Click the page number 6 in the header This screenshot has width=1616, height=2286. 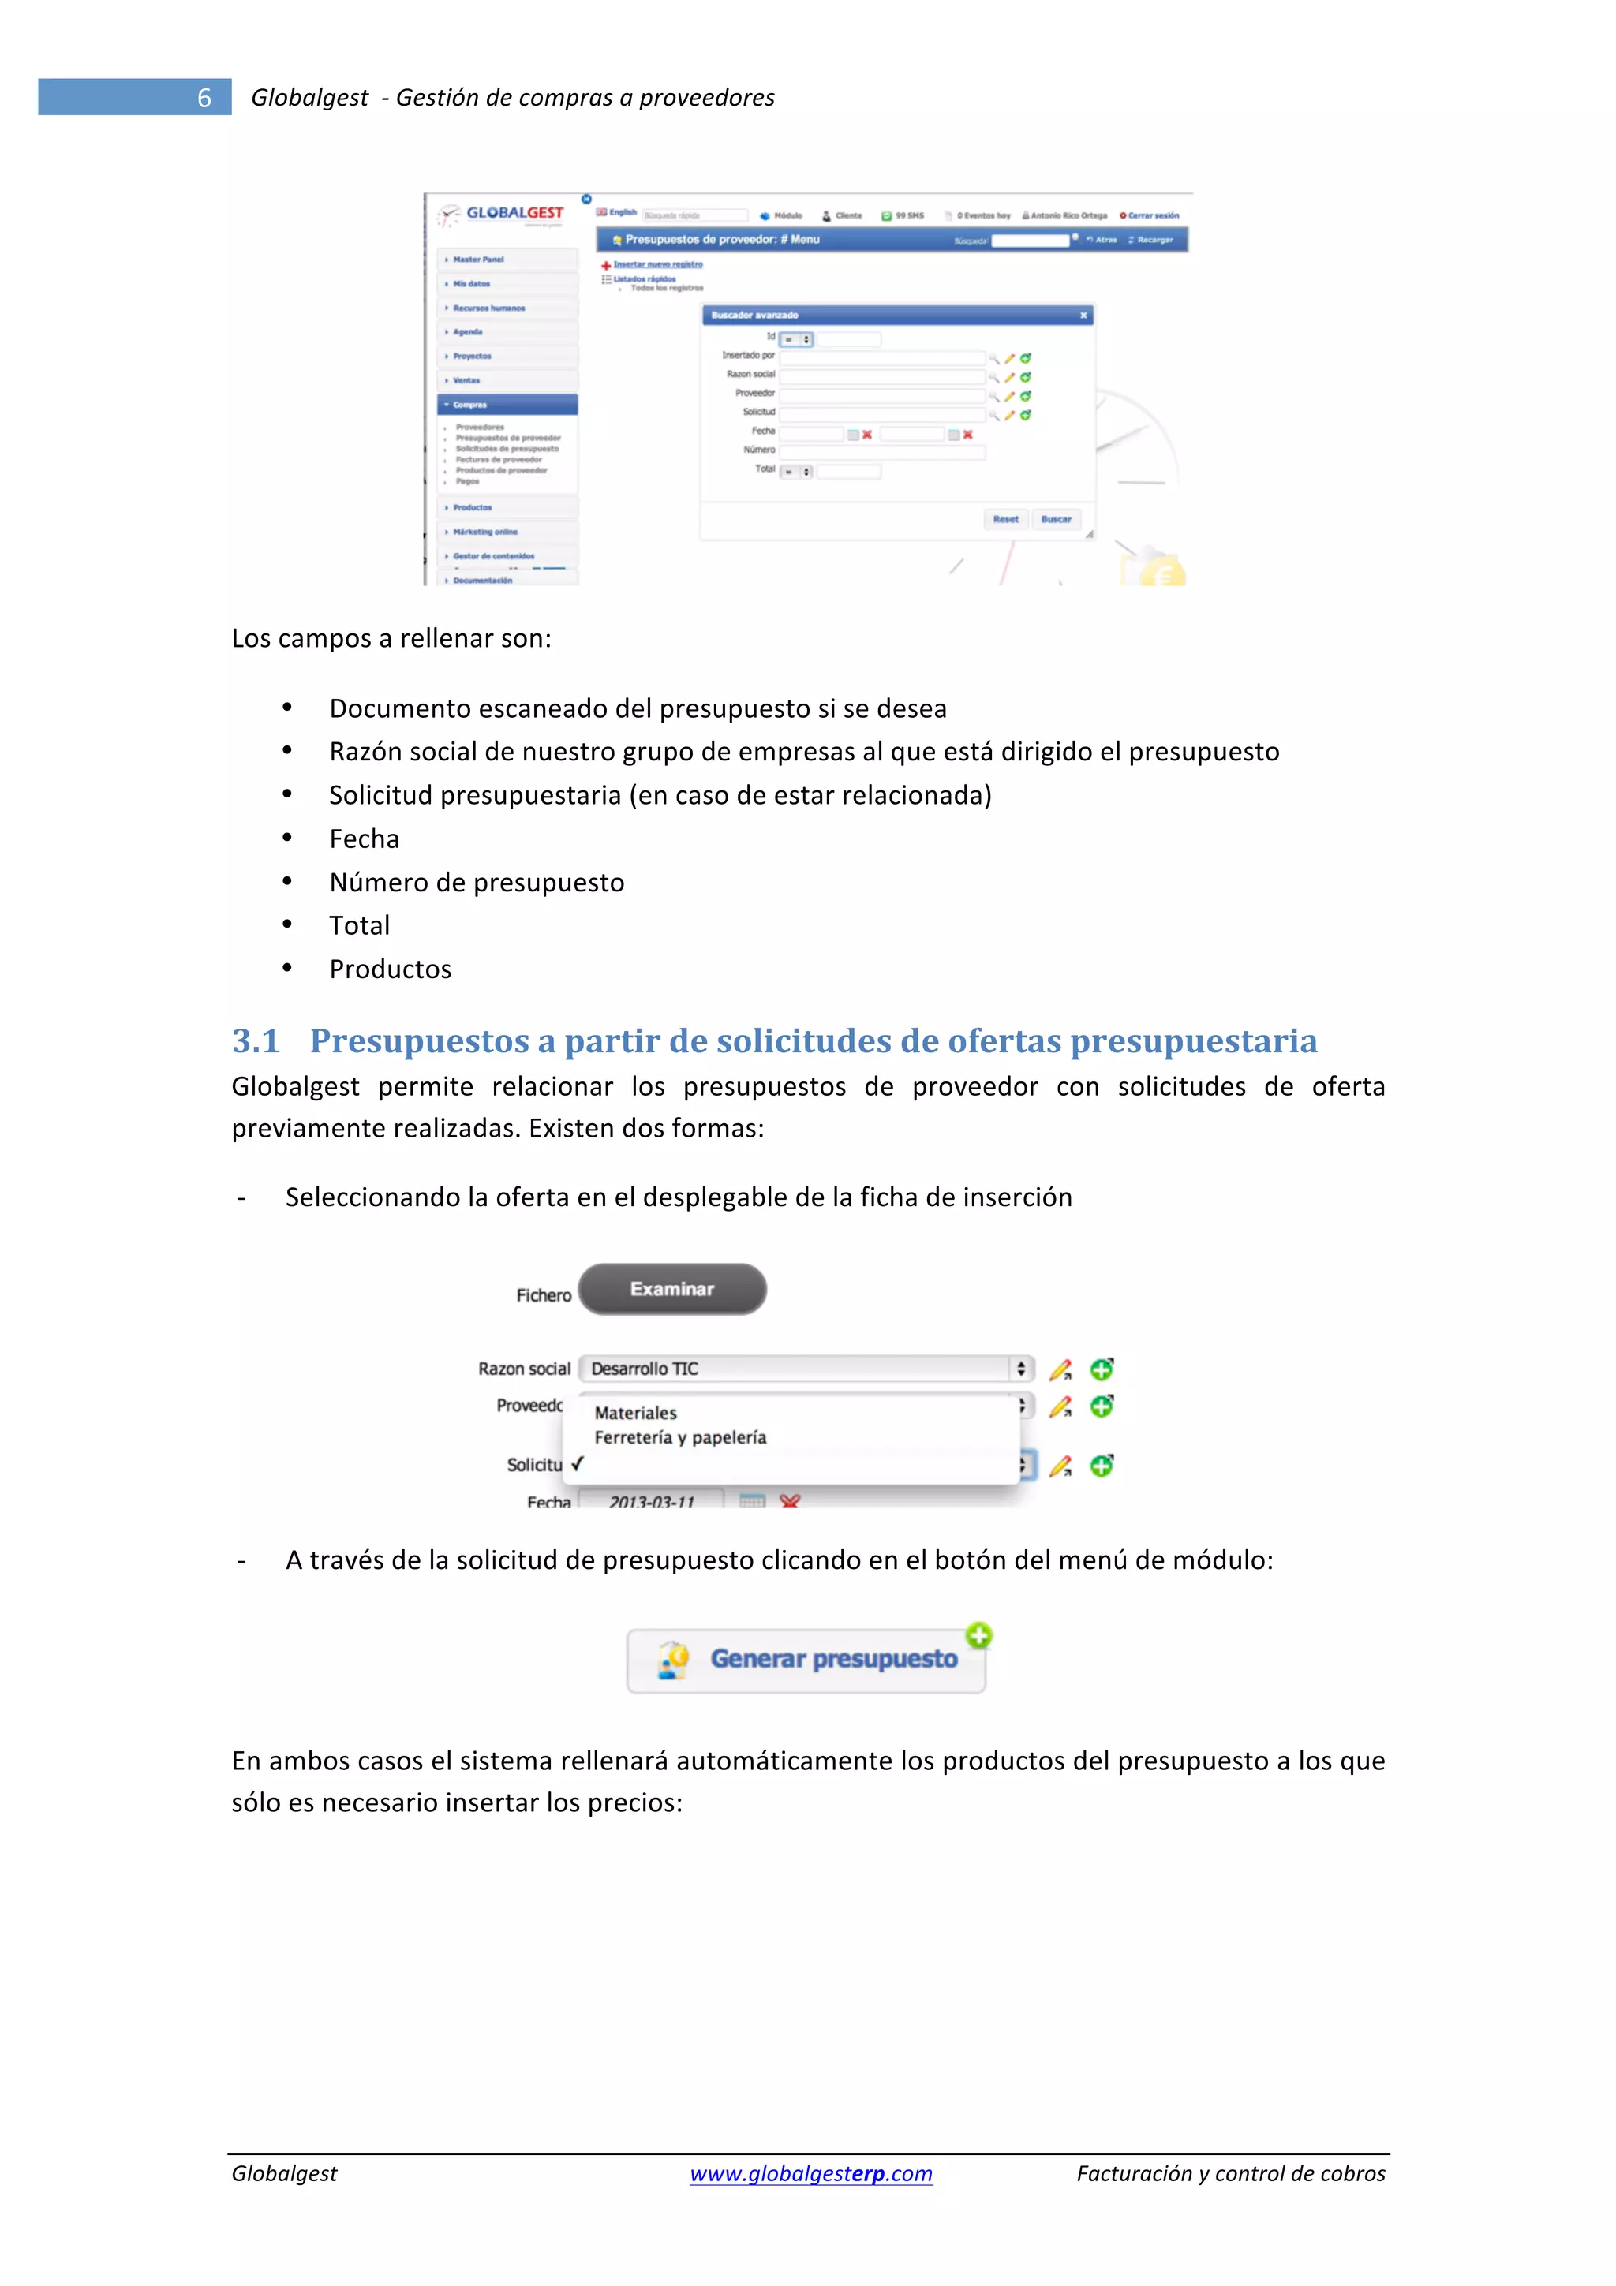click(204, 98)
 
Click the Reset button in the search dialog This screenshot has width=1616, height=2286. click(1005, 519)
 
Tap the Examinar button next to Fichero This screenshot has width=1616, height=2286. click(672, 1290)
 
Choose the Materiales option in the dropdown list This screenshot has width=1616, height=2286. click(635, 1413)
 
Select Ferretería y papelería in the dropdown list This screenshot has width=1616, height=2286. click(680, 1438)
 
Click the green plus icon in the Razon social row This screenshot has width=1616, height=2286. click(1102, 1369)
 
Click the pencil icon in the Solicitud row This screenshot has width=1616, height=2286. click(1060, 1466)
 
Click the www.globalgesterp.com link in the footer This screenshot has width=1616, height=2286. click(810, 2173)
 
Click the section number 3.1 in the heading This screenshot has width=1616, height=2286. click(256, 1041)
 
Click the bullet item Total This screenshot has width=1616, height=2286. click(360, 926)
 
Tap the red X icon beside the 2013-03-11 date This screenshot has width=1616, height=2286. click(790, 1500)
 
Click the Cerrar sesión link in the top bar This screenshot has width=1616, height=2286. click(1152, 215)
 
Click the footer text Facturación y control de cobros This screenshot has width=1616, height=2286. click(1231, 2173)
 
